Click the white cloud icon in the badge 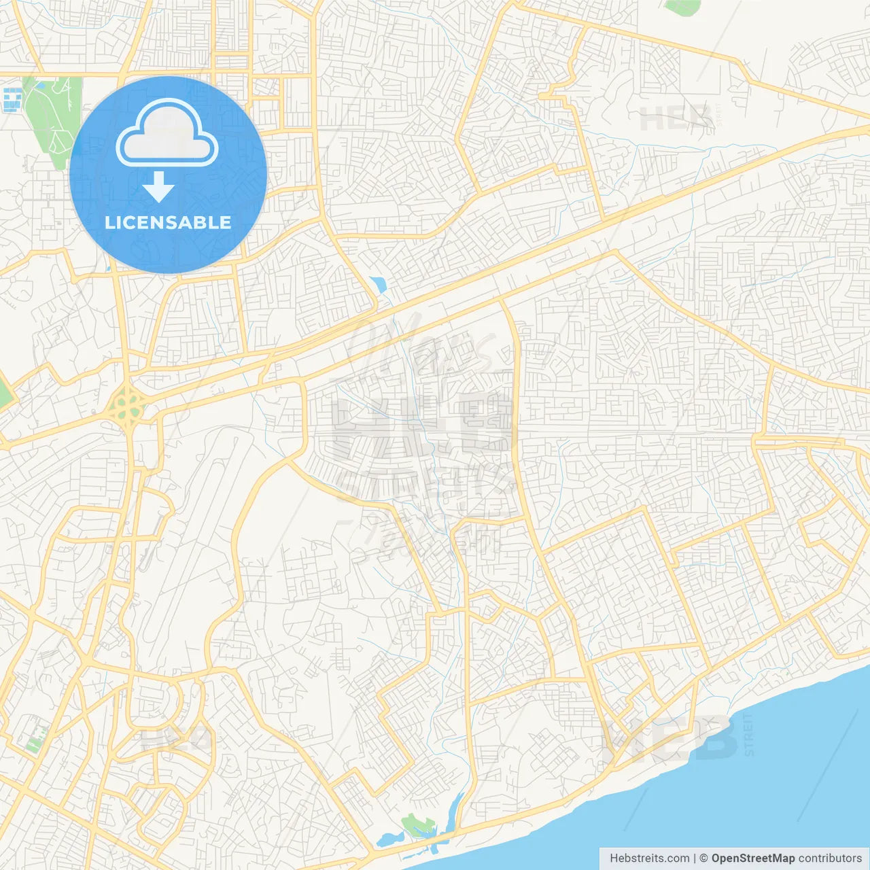(167, 133)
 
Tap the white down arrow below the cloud (158, 187)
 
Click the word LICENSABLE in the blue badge (168, 222)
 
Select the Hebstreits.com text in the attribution (649, 858)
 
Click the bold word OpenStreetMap (752, 858)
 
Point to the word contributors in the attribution (830, 858)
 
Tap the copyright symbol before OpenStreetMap (703, 858)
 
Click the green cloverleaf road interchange (125, 405)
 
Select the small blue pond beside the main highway (378, 285)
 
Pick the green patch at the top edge (682, 7)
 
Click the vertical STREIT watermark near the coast (749, 735)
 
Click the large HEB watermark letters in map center (421, 428)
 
